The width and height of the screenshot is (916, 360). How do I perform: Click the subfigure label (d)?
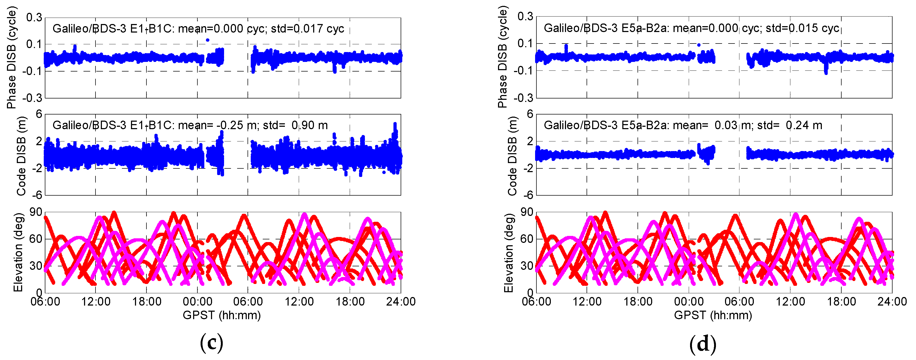[x=703, y=344]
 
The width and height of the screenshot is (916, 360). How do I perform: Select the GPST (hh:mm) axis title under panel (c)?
[x=222, y=315]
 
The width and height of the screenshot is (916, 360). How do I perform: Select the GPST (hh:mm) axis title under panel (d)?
[x=713, y=315]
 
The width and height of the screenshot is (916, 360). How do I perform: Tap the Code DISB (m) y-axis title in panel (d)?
[x=512, y=156]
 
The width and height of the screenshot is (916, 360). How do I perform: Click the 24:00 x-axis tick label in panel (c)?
[x=401, y=302]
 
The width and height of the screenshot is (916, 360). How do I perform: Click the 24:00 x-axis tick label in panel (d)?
[x=892, y=302]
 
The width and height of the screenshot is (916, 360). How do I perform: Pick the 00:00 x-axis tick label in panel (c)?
[x=197, y=302]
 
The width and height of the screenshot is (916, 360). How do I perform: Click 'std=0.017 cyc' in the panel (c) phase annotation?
[x=308, y=29]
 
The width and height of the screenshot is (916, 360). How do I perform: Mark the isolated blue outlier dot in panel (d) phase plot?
[x=699, y=45]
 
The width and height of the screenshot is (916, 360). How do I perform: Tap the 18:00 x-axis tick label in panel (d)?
[x=841, y=302]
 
